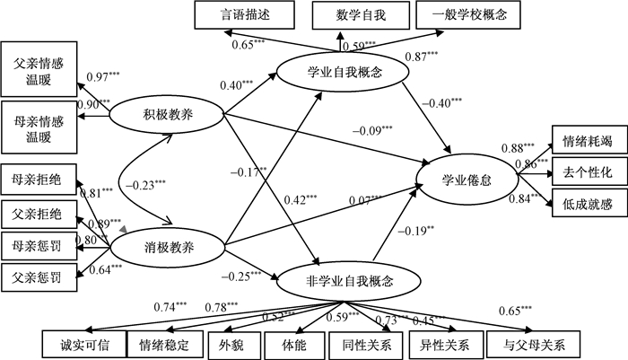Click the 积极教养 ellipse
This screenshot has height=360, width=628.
165,115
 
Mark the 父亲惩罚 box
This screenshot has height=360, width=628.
37,275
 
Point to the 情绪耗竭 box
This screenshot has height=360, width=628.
587,141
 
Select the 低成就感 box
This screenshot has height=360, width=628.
587,201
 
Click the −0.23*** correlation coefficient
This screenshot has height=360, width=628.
148,185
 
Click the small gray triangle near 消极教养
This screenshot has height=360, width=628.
124,230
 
